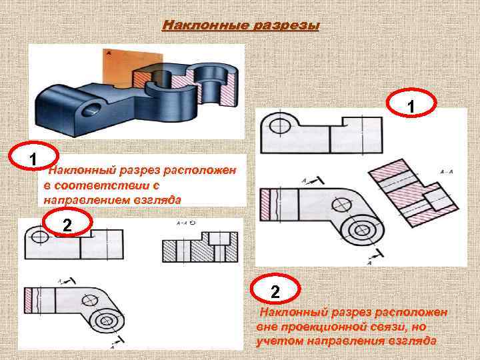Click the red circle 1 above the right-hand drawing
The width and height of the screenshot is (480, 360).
coord(412,106)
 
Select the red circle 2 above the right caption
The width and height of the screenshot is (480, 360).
coord(275,292)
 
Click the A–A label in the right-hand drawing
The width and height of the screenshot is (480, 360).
coord(447,172)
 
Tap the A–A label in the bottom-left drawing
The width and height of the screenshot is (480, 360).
coord(181,225)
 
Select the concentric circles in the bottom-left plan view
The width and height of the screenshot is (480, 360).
coord(107,320)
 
